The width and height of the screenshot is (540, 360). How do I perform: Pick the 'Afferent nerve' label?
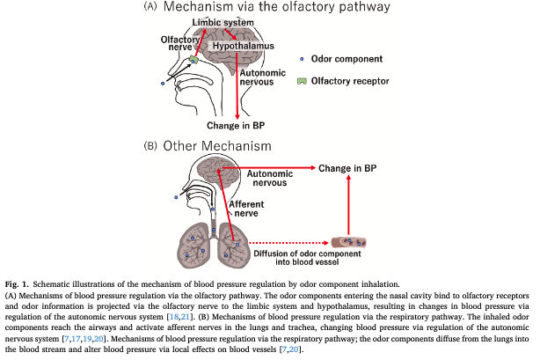coord(247,209)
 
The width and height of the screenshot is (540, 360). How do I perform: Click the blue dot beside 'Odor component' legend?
coord(302,59)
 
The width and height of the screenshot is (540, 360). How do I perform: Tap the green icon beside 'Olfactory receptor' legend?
coord(302,80)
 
